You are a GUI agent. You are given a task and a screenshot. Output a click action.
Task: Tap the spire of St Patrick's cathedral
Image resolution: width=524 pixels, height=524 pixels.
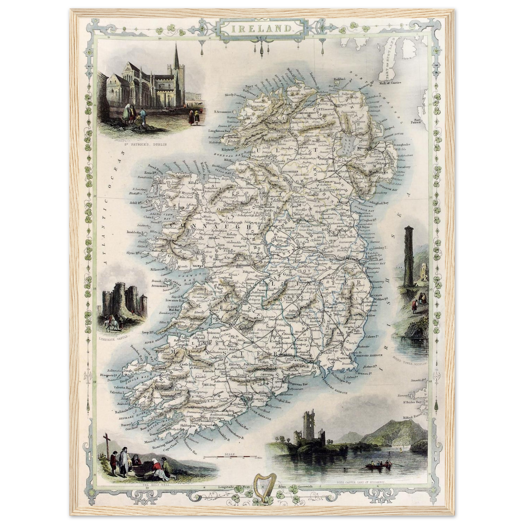pyautogui.click(x=176, y=58)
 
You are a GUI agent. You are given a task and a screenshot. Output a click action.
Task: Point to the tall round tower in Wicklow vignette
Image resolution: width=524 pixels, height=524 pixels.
pyautogui.click(x=409, y=261)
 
